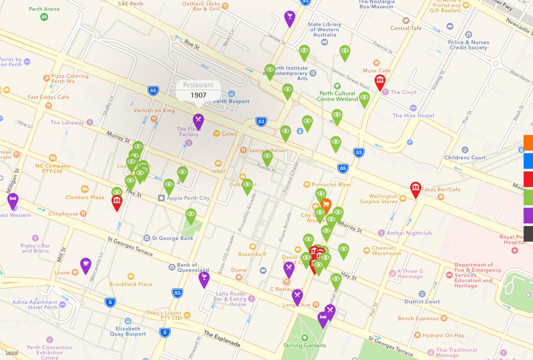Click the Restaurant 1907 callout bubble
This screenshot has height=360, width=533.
(198, 90)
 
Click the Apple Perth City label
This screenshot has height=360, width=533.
(188, 198)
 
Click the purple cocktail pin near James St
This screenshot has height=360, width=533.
(289, 17)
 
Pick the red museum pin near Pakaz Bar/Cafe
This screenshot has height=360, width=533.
(416, 189)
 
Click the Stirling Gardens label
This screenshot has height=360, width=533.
(304, 345)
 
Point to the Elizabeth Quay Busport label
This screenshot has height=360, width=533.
(128, 331)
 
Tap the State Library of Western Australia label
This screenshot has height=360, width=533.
(324, 30)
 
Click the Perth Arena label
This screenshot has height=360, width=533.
(44, 9)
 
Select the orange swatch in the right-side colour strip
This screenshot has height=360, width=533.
(528, 142)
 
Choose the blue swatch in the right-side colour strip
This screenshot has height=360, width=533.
(528, 161)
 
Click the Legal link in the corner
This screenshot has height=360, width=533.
(12, 353)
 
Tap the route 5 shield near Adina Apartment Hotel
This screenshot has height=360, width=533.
(110, 302)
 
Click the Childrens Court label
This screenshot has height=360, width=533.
(465, 157)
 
